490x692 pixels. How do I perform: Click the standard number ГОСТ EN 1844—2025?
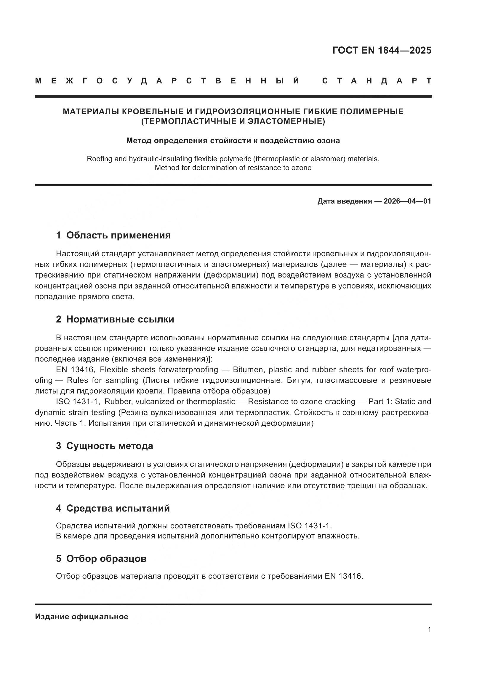tap(382, 50)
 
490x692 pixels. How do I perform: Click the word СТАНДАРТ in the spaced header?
tap(377, 81)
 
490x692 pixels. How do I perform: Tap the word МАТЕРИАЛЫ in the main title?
tap(91, 112)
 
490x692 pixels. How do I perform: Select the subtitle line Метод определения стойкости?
tap(233, 141)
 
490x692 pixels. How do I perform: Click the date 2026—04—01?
tap(407, 201)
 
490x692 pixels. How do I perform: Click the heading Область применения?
tap(118, 235)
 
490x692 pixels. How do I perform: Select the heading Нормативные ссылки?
tap(120, 319)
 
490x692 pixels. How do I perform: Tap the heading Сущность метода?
tap(110, 446)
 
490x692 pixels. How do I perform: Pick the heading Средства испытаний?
tap(118, 508)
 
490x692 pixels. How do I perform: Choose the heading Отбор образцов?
tap(106, 559)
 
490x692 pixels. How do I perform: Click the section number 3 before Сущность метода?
tap(59, 446)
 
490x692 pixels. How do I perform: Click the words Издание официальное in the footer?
tap(81, 617)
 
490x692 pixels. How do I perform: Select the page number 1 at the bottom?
tap(429, 629)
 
